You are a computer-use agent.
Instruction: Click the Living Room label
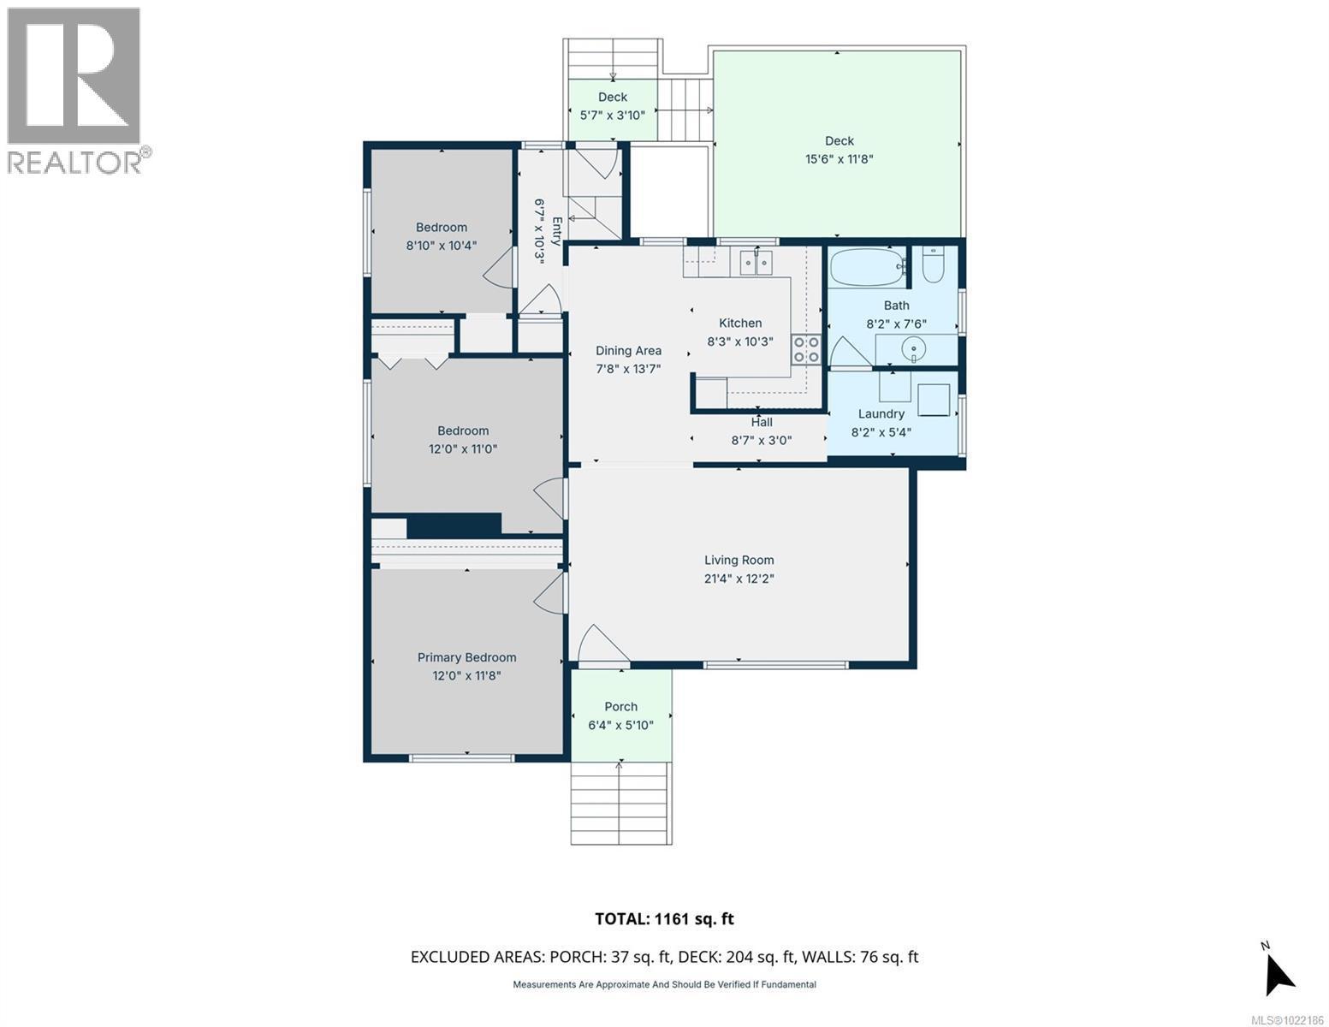click(x=739, y=561)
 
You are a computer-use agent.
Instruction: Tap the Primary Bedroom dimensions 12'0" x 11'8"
click(x=466, y=675)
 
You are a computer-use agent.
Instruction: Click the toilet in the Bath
click(x=933, y=267)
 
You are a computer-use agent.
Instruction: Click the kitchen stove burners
click(x=806, y=349)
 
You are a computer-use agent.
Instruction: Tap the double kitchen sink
click(x=756, y=262)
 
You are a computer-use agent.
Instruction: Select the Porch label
click(x=620, y=707)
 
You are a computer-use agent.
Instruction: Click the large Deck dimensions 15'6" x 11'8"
click(x=839, y=159)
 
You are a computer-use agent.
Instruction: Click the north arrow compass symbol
click(x=1278, y=971)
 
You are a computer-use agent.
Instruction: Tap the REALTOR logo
click(x=74, y=90)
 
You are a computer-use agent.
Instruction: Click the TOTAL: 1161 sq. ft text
click(x=664, y=919)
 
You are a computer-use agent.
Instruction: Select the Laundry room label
click(x=881, y=414)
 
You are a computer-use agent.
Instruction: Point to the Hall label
click(x=761, y=422)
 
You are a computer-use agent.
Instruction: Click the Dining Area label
click(x=628, y=351)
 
